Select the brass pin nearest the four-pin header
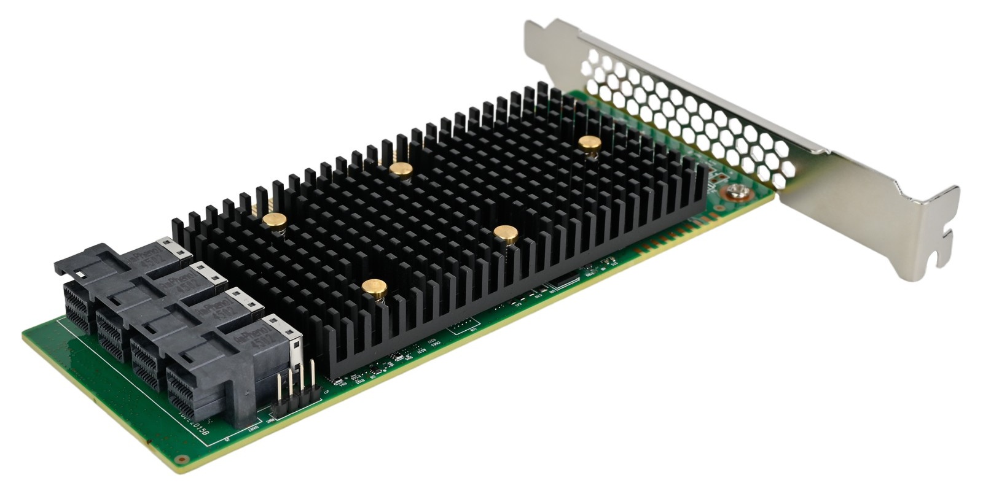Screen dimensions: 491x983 coord(374,286)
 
